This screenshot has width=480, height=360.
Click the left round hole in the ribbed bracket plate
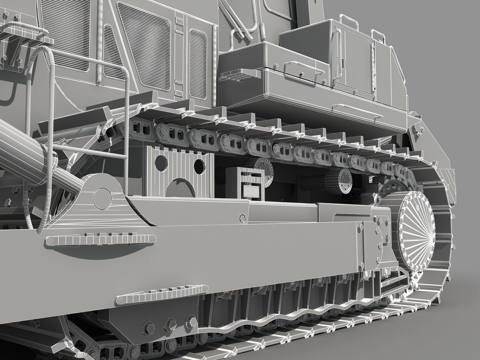[161, 162]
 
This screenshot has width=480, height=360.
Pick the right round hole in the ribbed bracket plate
[199, 166]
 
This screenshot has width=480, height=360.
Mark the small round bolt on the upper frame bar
[242, 218]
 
